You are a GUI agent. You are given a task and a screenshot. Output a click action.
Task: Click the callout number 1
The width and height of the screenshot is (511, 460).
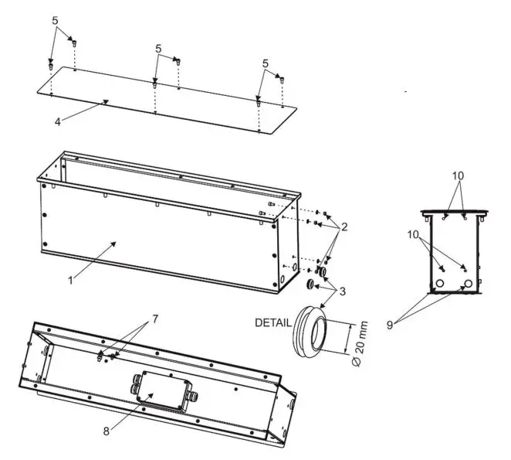click(71, 281)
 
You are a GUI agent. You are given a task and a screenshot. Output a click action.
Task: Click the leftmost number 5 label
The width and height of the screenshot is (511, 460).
click(55, 21)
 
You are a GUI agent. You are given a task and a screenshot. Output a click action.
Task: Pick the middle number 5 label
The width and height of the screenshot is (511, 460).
click(158, 48)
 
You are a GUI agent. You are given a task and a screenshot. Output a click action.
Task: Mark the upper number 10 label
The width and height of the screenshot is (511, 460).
click(459, 175)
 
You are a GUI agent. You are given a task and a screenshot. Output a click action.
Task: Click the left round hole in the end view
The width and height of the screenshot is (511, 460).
click(439, 285)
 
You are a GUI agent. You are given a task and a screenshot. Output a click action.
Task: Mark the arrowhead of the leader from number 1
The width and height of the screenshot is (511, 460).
click(117, 243)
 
